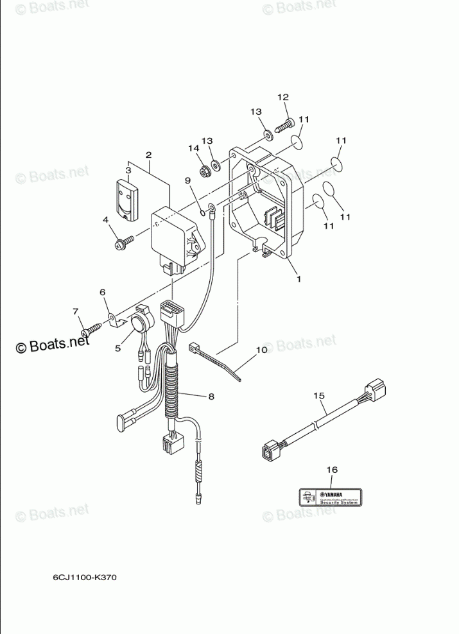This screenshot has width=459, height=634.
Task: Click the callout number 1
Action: (x=297, y=278)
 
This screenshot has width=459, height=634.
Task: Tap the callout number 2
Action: (x=148, y=155)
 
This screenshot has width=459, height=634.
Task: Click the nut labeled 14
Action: (x=203, y=171)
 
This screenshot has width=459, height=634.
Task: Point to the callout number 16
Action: (x=331, y=470)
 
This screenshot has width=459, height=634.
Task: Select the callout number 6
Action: (x=102, y=293)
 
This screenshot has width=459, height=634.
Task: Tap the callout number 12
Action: (x=283, y=97)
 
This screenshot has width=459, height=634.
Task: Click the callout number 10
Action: (x=261, y=350)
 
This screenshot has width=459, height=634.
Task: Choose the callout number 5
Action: (x=118, y=348)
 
